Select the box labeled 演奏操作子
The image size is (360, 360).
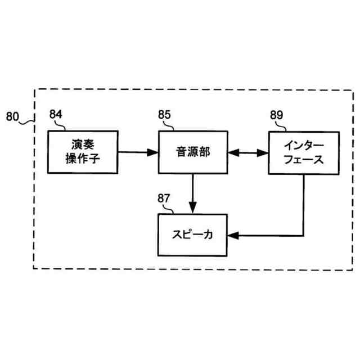click(x=82, y=151)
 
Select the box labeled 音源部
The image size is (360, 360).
click(x=193, y=152)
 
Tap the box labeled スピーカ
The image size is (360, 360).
click(x=192, y=235)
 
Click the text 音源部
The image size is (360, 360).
click(x=192, y=151)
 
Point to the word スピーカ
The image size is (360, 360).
click(x=192, y=235)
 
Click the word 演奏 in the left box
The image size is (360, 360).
click(x=82, y=145)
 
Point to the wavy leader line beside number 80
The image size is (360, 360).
click(x=28, y=119)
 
